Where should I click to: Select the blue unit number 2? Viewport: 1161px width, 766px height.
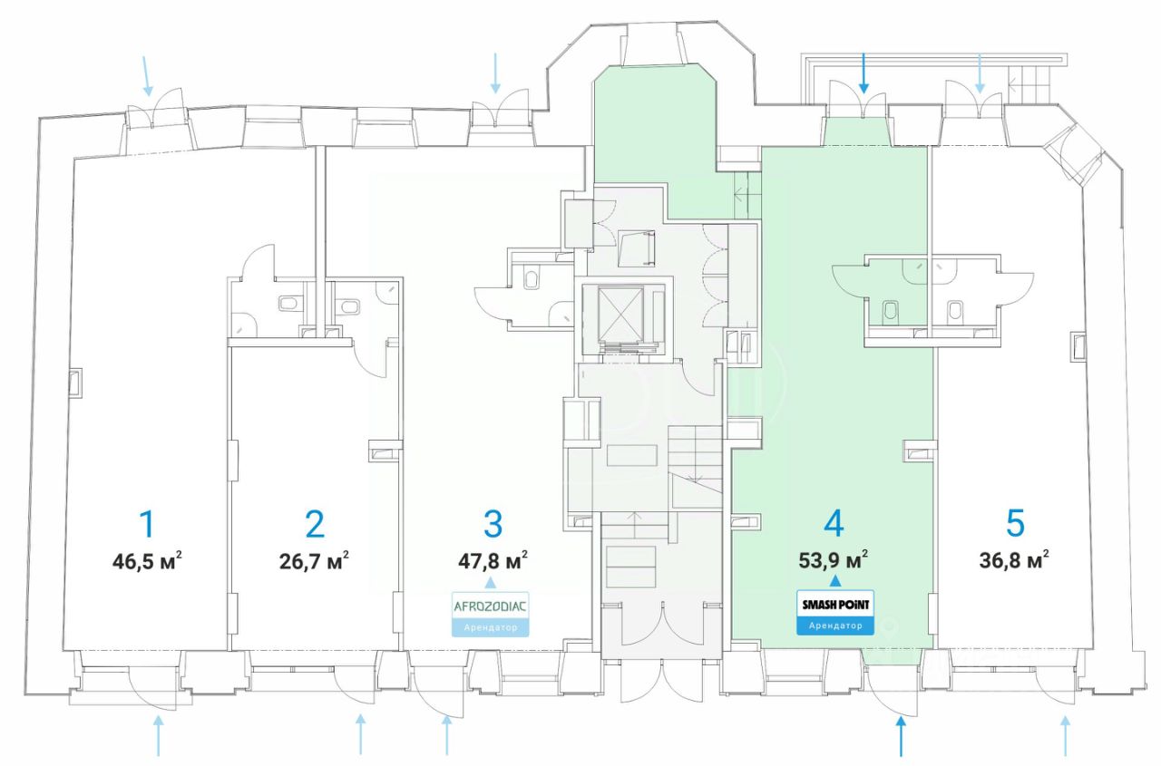click(314, 524)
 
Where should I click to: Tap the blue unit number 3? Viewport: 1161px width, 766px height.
click(493, 524)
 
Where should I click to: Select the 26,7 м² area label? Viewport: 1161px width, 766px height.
click(314, 560)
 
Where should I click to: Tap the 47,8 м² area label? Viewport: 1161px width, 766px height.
click(493, 559)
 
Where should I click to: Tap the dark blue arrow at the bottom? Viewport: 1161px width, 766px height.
click(901, 735)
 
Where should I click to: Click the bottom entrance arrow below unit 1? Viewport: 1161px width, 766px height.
click(159, 735)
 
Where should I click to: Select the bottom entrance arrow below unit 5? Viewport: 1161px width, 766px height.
click(1066, 735)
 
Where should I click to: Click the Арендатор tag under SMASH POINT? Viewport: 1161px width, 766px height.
click(835, 625)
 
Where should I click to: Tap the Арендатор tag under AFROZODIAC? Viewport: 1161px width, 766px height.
click(490, 626)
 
